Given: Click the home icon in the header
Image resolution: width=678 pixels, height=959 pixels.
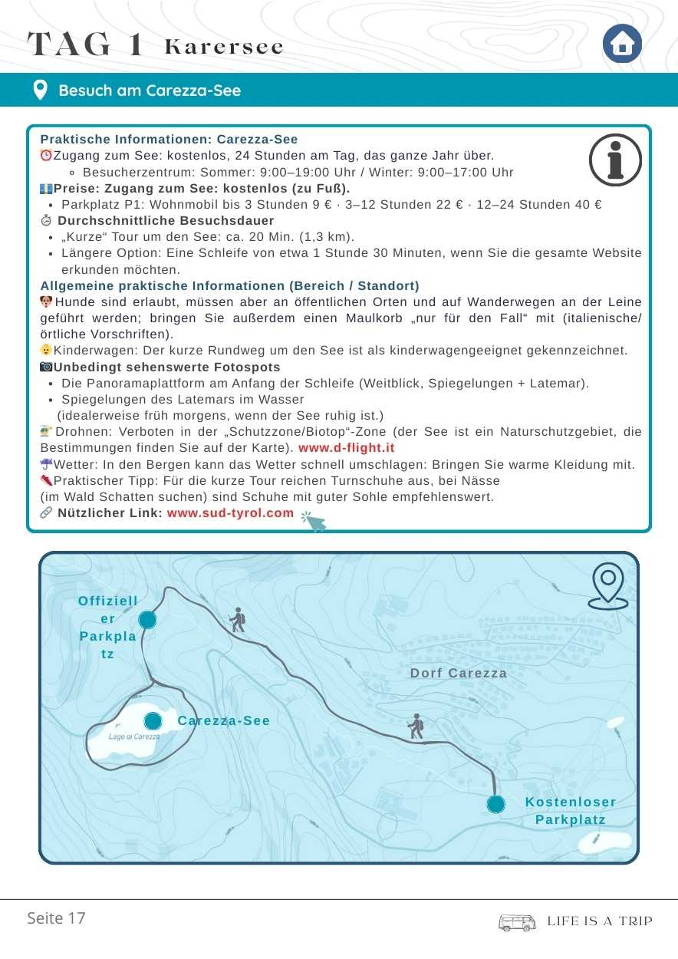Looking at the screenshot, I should coord(622,44).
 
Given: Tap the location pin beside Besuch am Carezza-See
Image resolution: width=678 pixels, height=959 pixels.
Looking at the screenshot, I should coord(41,91).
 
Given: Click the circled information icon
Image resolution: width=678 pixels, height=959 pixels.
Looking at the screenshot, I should coord(615,160).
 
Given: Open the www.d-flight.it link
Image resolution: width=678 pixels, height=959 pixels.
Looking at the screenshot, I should coord(347,447).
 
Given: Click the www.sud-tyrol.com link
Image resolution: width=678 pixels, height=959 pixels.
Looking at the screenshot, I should coord(230,512).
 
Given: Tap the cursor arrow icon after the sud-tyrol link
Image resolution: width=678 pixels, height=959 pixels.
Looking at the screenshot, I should coord(313,521).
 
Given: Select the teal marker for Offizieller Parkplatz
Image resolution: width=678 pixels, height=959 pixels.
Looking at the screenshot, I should coord(147,620).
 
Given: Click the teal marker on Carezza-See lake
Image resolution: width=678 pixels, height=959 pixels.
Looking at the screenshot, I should coord(153,721).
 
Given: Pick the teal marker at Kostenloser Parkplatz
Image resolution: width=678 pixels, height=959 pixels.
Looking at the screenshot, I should coord(496,804).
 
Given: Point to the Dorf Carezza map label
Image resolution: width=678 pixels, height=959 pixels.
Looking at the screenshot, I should coord(459,673).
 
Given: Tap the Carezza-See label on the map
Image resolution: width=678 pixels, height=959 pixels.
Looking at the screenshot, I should coord(224,720).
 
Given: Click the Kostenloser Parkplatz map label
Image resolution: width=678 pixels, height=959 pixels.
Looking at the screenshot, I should coord(571,811).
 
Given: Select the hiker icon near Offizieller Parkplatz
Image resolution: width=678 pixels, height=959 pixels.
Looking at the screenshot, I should coord(238,620).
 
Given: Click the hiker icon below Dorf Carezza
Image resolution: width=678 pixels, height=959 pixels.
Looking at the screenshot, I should coord(416,726).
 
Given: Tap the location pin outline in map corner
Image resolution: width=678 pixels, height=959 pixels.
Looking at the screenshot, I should coord(608,587).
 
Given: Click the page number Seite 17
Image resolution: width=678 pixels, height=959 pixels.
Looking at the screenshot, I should coord(56,918).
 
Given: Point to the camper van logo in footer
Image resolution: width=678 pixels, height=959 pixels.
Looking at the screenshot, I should coord(517,921).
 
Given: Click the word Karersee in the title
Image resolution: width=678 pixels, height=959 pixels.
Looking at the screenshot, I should coord(224,47).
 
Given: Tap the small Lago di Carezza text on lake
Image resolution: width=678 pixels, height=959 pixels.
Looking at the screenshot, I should coord(135,737).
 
